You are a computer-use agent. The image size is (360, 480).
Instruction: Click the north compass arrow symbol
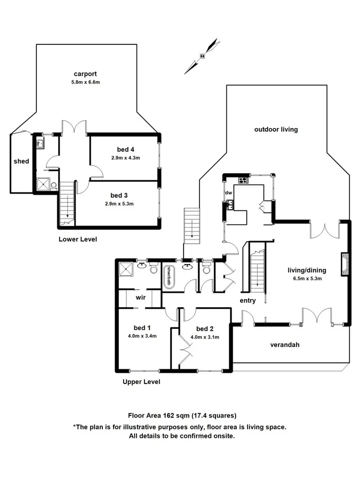point(203,55)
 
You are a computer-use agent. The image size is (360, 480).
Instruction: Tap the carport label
point(85,74)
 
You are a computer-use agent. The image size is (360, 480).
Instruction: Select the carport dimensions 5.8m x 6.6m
point(85,82)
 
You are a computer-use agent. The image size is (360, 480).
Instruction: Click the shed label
point(21,161)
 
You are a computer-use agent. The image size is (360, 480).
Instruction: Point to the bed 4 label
point(126,149)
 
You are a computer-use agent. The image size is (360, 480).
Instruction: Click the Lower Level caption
point(77,239)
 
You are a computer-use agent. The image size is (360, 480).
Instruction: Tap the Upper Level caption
point(141,382)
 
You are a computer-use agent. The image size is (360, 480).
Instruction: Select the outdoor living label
point(276,130)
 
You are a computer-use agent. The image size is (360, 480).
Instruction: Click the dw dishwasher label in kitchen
point(228,193)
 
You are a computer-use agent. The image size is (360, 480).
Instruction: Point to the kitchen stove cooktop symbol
point(244,180)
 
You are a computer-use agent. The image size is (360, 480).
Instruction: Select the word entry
point(248,301)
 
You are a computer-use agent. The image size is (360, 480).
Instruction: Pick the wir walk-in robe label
point(140,297)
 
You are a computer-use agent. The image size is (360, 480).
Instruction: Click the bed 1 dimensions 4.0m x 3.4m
point(141,336)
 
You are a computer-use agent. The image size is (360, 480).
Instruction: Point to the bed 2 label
point(205,329)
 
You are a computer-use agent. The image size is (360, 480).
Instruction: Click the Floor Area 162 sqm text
point(181,415)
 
